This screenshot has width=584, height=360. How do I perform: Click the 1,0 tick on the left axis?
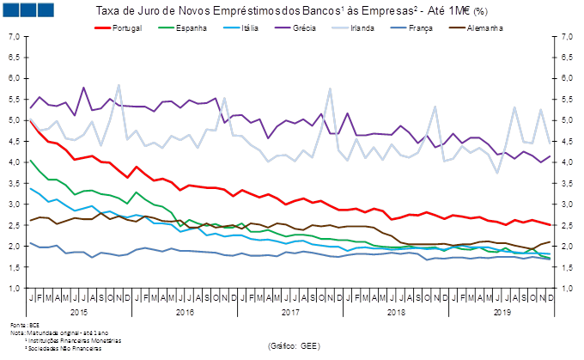15,289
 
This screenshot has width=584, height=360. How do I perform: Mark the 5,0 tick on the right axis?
568,121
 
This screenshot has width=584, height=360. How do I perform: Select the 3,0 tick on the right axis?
568,204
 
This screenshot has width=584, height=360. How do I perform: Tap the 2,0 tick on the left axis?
15,247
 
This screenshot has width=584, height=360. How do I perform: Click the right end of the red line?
551,225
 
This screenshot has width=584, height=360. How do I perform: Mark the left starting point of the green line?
30,160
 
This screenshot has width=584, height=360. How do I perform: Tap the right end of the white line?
550,143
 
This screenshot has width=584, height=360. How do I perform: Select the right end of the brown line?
551,241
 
